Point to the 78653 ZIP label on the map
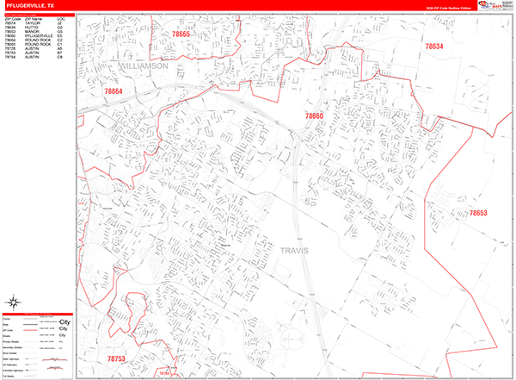click(x=478, y=213)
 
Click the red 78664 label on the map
click(x=114, y=90)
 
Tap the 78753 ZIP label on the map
click(x=116, y=358)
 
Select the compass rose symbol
click(x=14, y=301)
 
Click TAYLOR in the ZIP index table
click(x=32, y=23)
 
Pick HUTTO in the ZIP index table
click(x=31, y=28)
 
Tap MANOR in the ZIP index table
click(x=32, y=33)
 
